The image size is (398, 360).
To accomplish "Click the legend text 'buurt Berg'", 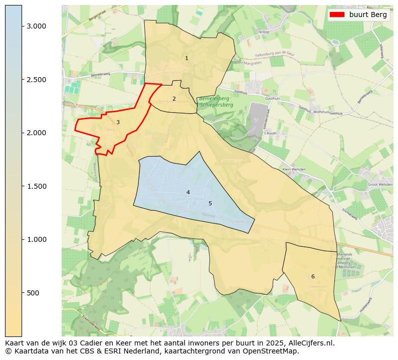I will pos(368,15).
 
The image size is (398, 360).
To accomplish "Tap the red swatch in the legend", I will pos(337,15).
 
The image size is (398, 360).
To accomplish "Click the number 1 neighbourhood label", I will pos(186,59).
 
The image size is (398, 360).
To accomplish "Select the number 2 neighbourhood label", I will pos(174,99).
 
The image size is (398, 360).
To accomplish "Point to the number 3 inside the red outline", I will pos(118,122).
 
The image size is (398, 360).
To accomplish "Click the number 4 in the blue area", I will pos(188,192).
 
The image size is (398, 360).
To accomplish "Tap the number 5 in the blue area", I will pos(210,203).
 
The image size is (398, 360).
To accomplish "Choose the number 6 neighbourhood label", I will pos(313,276).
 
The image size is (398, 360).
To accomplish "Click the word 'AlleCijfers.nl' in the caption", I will pos(310,343).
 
